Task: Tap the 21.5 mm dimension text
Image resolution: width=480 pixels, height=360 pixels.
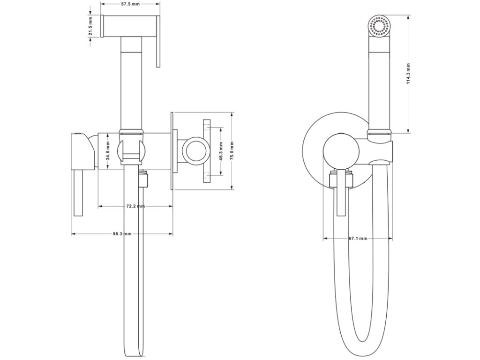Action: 90,28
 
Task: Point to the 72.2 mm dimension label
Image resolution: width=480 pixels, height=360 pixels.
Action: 135,206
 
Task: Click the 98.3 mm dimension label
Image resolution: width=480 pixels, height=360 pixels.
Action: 122,234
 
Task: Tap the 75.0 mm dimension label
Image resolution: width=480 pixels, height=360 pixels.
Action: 232,150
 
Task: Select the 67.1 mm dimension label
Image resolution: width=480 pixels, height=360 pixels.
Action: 358,239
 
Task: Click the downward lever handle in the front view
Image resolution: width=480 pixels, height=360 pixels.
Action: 341,197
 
